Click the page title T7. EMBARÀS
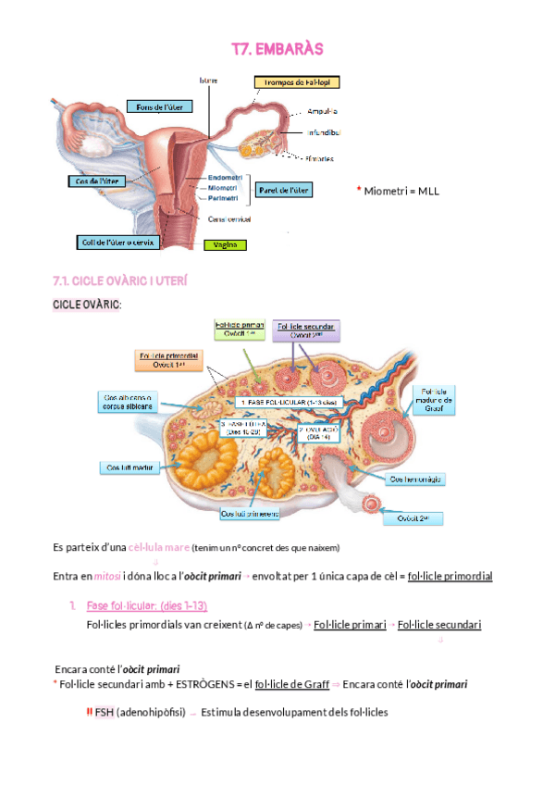tap(277, 48)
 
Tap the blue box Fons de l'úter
tap(160, 107)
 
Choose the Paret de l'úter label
tap(285, 190)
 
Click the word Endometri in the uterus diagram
tap(226, 178)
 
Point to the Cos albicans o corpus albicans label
tap(129, 403)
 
